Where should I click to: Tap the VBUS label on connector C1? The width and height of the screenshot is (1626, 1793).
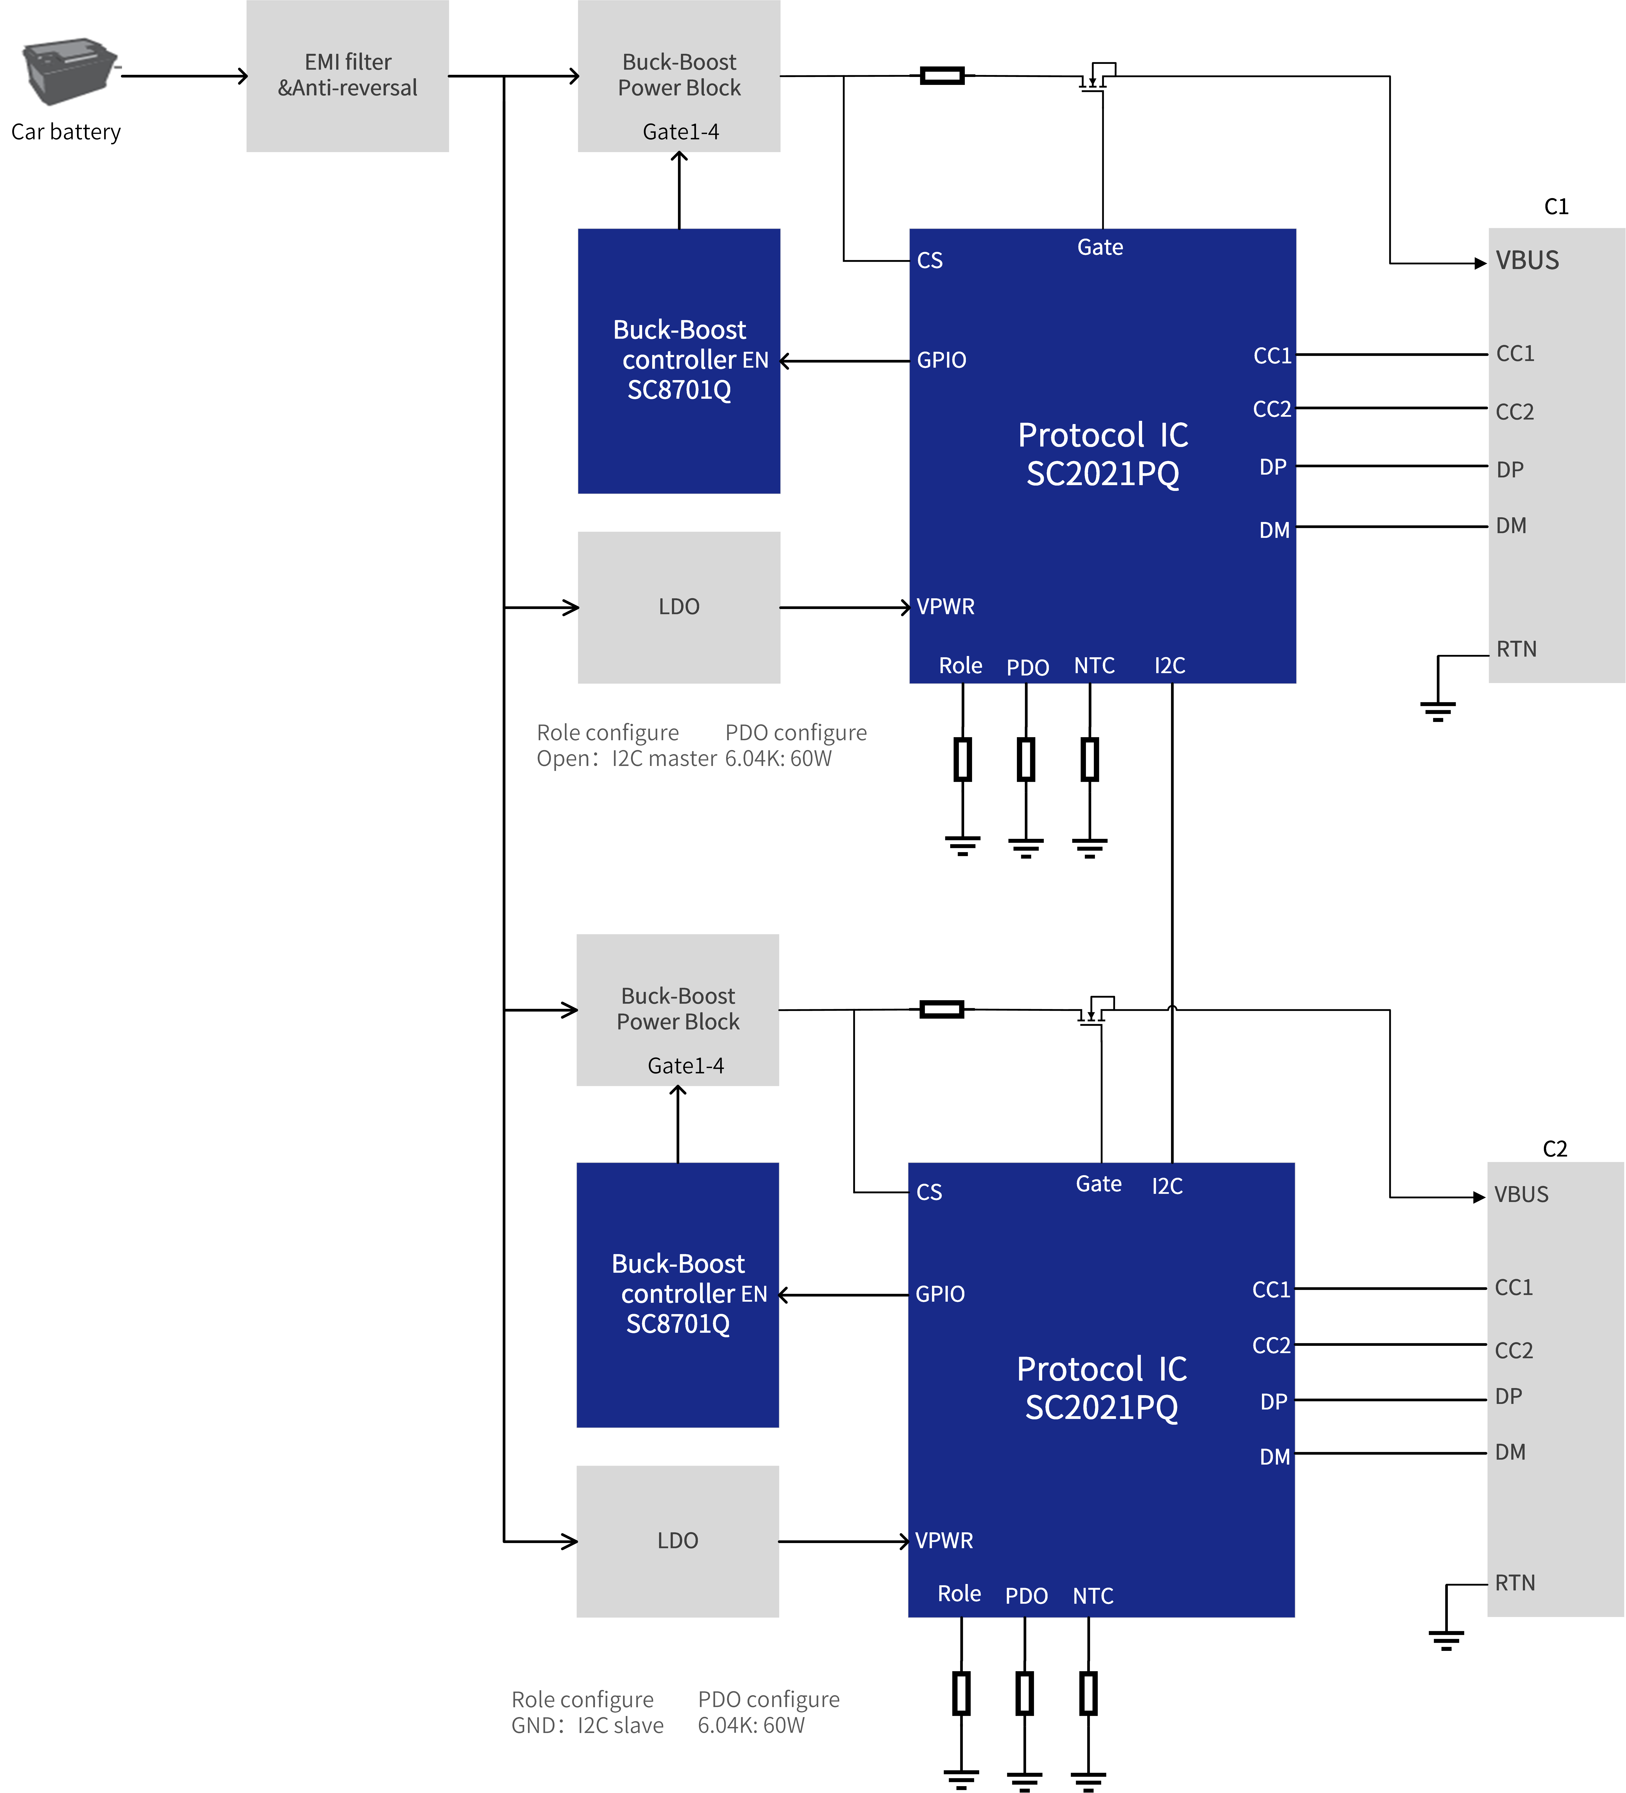tap(1527, 261)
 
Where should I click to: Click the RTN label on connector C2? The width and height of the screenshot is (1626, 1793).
tap(1515, 1583)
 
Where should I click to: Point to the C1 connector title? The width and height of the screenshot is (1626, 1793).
tap(1556, 206)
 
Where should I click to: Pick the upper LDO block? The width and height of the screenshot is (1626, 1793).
tap(679, 608)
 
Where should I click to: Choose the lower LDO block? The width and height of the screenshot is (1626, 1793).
tap(678, 1541)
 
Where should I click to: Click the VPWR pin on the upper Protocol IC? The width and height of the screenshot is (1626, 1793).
tap(945, 606)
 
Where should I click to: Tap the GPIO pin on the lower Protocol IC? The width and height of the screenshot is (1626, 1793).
tap(940, 1294)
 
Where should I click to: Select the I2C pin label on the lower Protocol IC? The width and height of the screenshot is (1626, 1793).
tap(1167, 1185)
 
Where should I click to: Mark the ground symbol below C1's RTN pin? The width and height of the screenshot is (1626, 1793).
tap(1437, 711)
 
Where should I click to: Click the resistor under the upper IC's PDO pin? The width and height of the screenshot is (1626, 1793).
tap(1026, 760)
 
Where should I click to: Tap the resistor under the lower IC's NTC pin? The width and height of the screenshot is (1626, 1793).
tap(1088, 1693)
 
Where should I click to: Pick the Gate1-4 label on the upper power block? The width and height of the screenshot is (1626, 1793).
tap(681, 132)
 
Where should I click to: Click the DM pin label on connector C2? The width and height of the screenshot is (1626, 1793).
tap(1510, 1452)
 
